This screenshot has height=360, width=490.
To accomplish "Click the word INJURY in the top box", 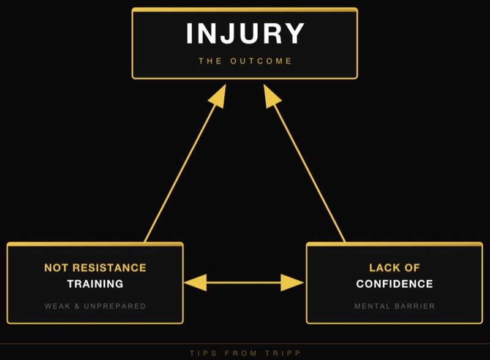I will pyautogui.click(x=245, y=34).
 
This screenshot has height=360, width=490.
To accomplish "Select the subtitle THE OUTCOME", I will pyautogui.click(x=245, y=61).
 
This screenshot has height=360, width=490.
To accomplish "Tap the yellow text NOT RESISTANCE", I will pyautogui.click(x=95, y=268).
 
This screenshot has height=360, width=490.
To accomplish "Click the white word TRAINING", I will pyautogui.click(x=95, y=284).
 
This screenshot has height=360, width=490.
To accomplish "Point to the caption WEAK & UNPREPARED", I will pyautogui.click(x=95, y=306).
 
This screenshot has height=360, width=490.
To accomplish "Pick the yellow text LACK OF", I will pyautogui.click(x=394, y=268).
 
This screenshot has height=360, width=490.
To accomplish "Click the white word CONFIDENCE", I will pyautogui.click(x=394, y=284).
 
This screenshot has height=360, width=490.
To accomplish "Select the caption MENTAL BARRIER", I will pyautogui.click(x=394, y=306).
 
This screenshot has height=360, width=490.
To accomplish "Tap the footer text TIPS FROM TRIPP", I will pyautogui.click(x=245, y=353).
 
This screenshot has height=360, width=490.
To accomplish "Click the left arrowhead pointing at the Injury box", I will pyautogui.click(x=219, y=95).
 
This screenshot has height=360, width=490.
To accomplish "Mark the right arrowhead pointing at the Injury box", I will pyautogui.click(x=271, y=95).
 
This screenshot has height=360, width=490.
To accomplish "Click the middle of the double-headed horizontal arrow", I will pyautogui.click(x=244, y=282).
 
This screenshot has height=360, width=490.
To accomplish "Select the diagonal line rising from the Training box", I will pyautogui.click(x=181, y=171).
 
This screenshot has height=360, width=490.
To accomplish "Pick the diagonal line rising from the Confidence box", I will pyautogui.click(x=309, y=171).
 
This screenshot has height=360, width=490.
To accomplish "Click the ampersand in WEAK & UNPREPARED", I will pyautogui.click(x=78, y=306).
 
